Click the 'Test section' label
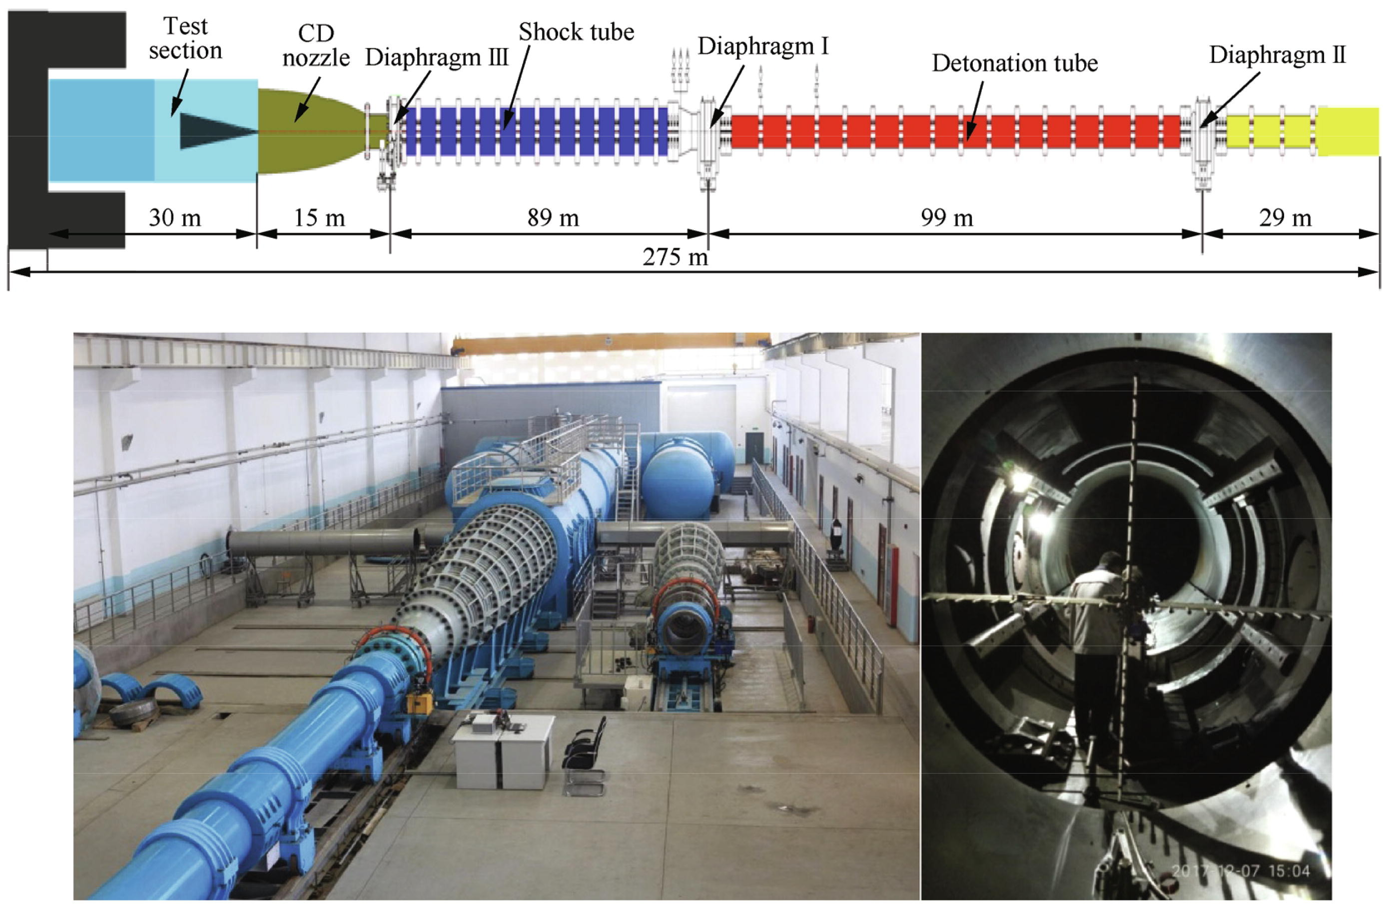185,38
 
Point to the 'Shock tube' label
576,32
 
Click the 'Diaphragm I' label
763,46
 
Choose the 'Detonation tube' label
1014,63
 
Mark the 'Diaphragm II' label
1277,55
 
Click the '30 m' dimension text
175,218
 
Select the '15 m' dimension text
319,218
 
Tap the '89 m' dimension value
553,218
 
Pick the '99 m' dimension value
947,218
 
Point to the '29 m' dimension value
1285,218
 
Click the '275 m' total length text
675,257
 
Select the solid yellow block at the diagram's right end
1348,131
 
